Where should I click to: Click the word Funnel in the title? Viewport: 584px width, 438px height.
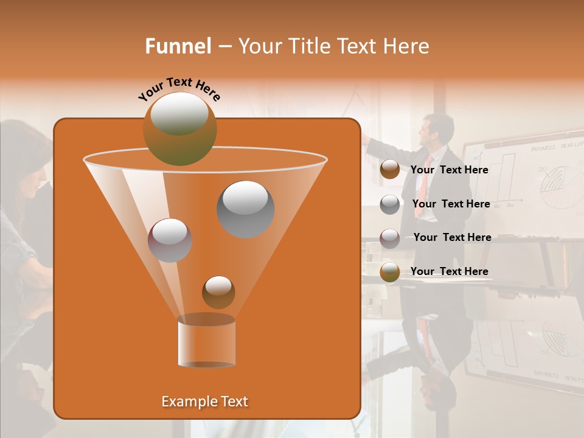[178, 46]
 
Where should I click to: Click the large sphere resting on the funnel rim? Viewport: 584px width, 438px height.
[179, 129]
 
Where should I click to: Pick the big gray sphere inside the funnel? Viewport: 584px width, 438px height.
[245, 209]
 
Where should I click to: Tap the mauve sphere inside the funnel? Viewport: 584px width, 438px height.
[170, 240]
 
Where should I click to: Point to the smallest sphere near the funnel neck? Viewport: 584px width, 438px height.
[218, 292]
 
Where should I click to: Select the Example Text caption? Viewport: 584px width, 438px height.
[205, 401]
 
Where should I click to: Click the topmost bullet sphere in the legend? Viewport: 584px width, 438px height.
[389, 170]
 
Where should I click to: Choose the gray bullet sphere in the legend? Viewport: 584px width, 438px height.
[389, 204]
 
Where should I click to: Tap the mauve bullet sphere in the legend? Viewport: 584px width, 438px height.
[389, 238]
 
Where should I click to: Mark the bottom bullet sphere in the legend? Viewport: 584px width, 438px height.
[389, 272]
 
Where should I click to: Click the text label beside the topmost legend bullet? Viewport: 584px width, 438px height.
[449, 170]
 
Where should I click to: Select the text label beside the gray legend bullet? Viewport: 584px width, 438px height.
[451, 204]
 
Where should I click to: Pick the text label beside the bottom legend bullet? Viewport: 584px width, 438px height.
[449, 271]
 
